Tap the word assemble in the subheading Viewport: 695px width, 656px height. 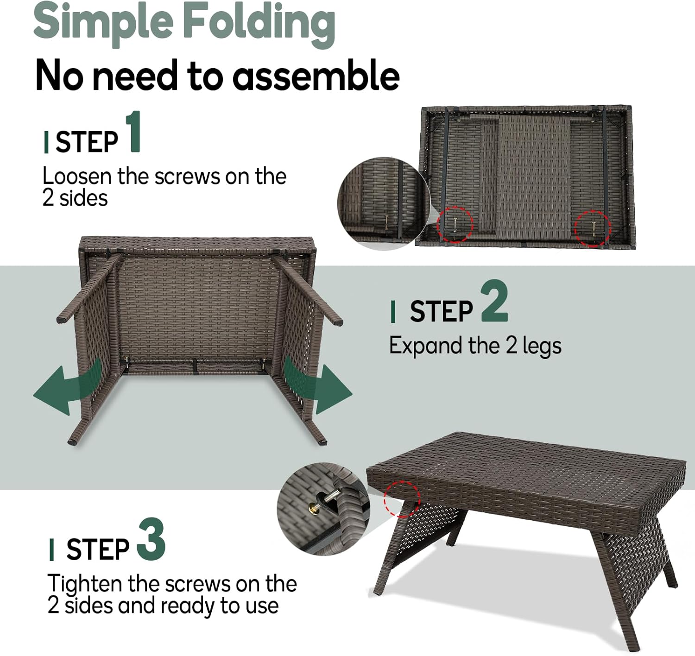(316, 75)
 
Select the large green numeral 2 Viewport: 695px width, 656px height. (494, 301)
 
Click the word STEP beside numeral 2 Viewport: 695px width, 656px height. (441, 311)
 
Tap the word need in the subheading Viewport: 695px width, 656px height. (135, 75)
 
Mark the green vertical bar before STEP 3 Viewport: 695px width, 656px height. (52, 550)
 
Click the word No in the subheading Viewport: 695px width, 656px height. (59, 76)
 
